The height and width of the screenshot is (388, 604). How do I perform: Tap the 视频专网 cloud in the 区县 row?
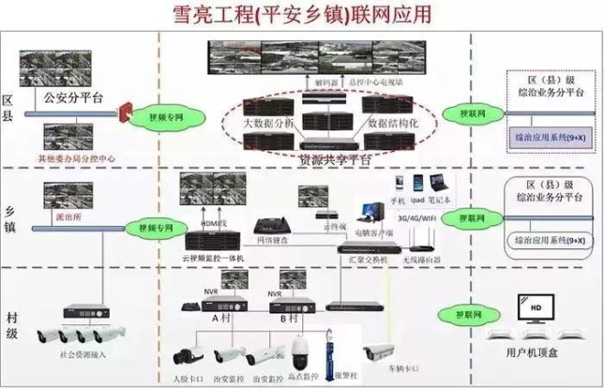164,118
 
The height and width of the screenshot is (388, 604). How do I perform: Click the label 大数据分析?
267,123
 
